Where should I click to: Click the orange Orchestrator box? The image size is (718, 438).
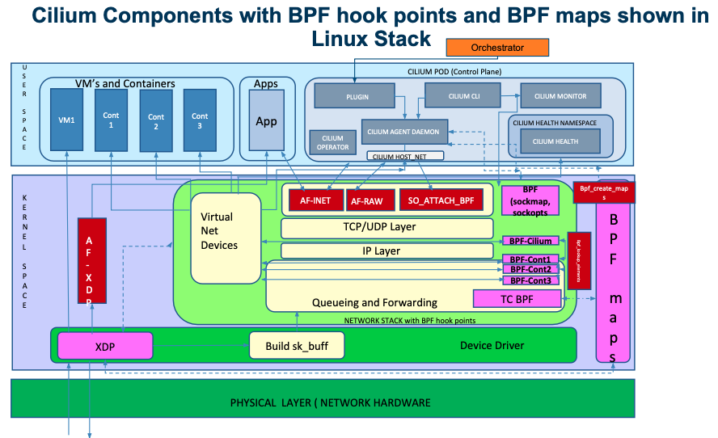497,48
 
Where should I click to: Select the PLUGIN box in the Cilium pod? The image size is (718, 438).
357,96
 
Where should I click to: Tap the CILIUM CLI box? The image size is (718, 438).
464,96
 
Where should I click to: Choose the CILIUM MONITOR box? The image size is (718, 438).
560,96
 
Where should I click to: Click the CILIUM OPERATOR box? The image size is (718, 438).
332,142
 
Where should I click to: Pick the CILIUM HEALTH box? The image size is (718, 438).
555,141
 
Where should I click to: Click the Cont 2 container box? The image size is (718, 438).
155,121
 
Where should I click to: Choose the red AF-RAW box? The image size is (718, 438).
370,200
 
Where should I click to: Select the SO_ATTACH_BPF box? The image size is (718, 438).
440,199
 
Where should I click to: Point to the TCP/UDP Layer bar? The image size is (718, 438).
386,227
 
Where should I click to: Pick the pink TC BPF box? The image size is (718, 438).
517,299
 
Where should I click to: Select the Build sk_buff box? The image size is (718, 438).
297,345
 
